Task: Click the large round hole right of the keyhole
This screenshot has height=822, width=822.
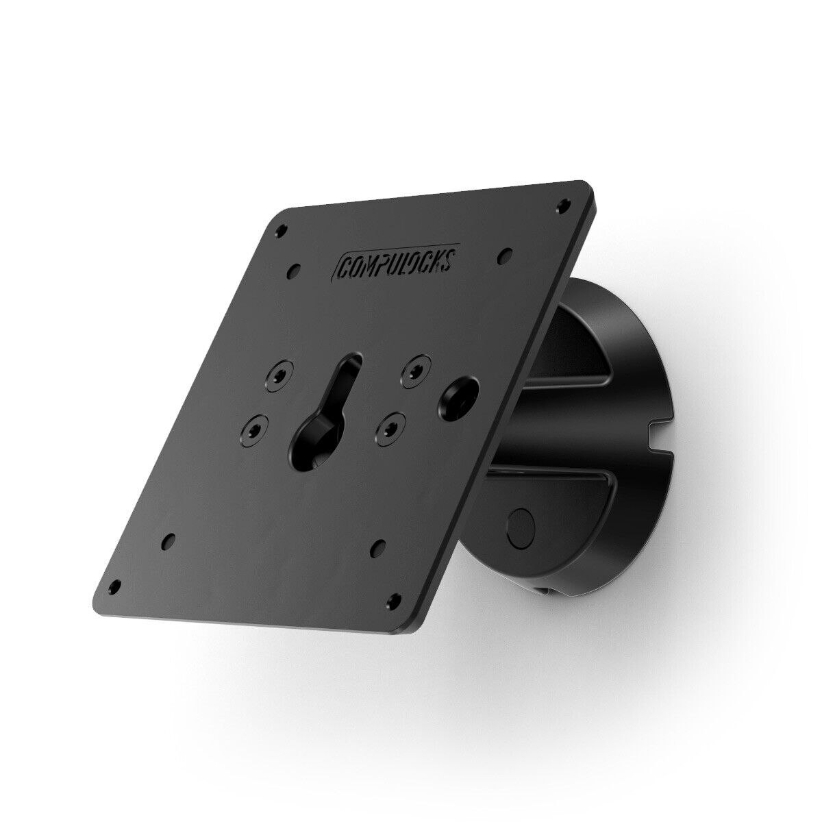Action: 455,398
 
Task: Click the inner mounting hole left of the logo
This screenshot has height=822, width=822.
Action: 295,269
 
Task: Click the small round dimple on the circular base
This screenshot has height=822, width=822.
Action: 519,525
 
